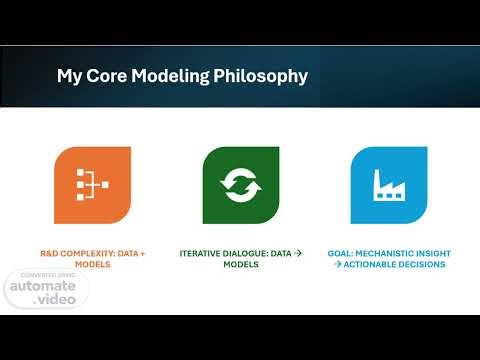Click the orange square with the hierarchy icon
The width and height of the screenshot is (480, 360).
click(x=92, y=185)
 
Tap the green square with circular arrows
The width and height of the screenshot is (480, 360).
click(x=240, y=185)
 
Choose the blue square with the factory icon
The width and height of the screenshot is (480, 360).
click(x=388, y=185)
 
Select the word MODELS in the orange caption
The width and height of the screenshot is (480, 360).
click(x=92, y=265)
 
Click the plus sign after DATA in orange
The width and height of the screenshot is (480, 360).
click(x=142, y=254)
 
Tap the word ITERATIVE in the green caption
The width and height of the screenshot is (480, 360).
click(x=202, y=254)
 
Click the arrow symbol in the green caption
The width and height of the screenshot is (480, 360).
click(x=300, y=254)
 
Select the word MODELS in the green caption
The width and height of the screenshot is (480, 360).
click(x=240, y=265)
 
